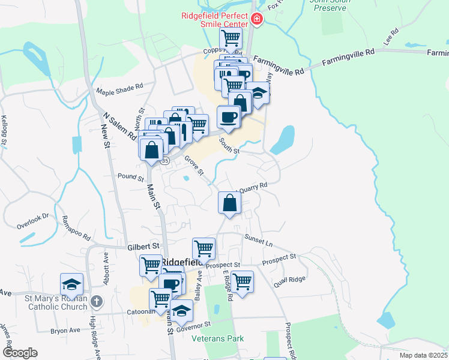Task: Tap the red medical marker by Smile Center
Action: point(257,20)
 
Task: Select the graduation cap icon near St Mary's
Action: point(71,284)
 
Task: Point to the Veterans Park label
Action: point(217,338)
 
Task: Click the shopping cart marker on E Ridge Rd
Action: point(242,281)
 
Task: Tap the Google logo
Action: point(20,353)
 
